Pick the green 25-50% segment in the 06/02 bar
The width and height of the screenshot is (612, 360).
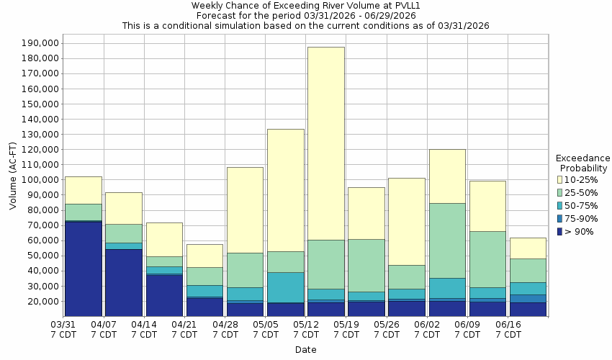pos(447,240)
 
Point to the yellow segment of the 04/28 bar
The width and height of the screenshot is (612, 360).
pos(246,210)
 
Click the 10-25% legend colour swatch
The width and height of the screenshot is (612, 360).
pos(560,179)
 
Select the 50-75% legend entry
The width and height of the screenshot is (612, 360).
pos(580,205)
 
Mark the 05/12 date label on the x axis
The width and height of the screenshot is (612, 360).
pos(306,329)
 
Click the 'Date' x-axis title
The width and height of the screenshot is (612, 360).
pos(306,350)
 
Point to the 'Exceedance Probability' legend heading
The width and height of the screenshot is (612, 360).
pos(583,163)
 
